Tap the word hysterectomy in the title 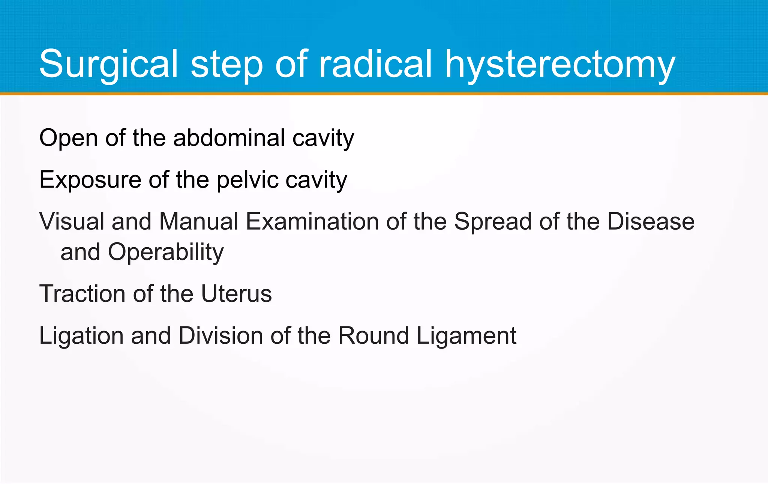tap(560, 65)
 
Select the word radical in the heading tap(375, 64)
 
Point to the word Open tap(69, 138)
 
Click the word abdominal tap(229, 138)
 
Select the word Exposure tap(90, 180)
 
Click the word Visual tap(72, 221)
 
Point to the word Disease tap(651, 221)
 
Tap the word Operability tap(166, 252)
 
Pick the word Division tap(220, 335)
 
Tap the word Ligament tap(466, 336)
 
